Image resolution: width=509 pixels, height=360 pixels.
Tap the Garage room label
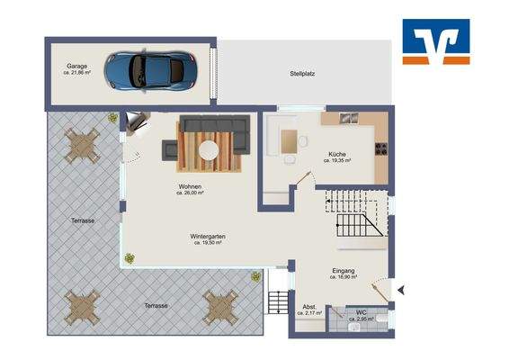pos(76,66)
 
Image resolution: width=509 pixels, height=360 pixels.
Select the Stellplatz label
pos(303,74)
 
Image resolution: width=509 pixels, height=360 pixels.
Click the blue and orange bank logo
pos(435,41)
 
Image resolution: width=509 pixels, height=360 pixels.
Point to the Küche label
pos(336,154)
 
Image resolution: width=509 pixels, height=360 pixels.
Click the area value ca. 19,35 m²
pos(337,161)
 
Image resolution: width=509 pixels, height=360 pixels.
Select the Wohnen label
pos(190,186)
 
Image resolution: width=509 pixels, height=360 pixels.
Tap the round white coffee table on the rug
pos(209,149)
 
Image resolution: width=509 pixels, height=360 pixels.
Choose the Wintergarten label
pos(207,237)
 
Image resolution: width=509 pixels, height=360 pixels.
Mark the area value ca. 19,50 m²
pos(207,244)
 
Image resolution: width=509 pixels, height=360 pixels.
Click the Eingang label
pos(343,270)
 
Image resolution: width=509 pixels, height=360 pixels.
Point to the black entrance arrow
pos(402,289)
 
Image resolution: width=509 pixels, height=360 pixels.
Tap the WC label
pos(362,311)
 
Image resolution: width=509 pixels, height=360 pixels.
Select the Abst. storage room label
pos(309,306)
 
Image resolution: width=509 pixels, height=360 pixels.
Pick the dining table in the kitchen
pos(290,141)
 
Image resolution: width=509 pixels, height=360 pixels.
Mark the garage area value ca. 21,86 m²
pos(79,73)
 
